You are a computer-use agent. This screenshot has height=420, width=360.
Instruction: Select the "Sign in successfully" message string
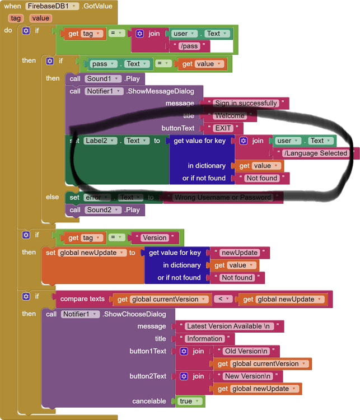[x=246, y=103]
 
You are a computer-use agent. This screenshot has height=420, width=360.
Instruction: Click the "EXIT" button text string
[x=222, y=128]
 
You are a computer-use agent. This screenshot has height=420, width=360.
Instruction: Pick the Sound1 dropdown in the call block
[x=103, y=79]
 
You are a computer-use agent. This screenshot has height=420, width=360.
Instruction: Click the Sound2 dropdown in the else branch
[x=104, y=210]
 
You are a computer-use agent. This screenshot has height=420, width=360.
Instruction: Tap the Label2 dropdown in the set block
[x=101, y=141]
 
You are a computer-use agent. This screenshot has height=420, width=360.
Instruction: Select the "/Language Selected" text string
[x=315, y=153]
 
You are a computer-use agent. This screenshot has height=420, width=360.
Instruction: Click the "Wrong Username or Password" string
[x=223, y=197]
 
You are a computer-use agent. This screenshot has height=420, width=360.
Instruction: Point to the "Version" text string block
[x=153, y=237]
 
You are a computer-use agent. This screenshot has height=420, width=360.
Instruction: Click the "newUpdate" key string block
[x=239, y=253]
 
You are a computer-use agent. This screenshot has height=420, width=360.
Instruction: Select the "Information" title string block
[x=204, y=339]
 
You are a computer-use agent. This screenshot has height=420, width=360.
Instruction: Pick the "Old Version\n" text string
[x=246, y=351]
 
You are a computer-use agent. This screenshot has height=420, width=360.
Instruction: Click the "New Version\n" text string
[x=247, y=376]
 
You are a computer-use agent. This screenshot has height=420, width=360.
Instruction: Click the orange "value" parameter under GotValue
[x=40, y=18]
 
